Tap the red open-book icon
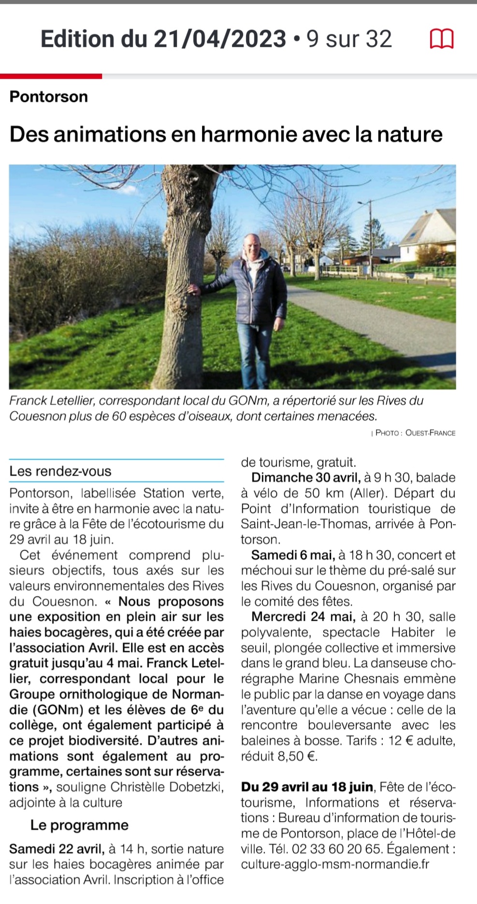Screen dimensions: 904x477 [442, 39]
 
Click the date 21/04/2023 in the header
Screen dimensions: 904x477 [220, 39]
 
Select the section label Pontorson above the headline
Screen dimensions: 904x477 [49, 97]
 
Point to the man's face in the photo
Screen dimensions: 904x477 [252, 249]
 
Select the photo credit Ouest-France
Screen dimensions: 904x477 [430, 433]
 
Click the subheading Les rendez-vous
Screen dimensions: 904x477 [60, 471]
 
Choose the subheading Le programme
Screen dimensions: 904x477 [79, 825]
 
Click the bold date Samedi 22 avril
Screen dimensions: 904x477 [56, 849]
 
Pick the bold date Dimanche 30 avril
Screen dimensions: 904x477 [305, 478]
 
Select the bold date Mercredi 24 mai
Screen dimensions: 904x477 [304, 617]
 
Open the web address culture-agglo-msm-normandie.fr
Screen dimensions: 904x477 [335, 864]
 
